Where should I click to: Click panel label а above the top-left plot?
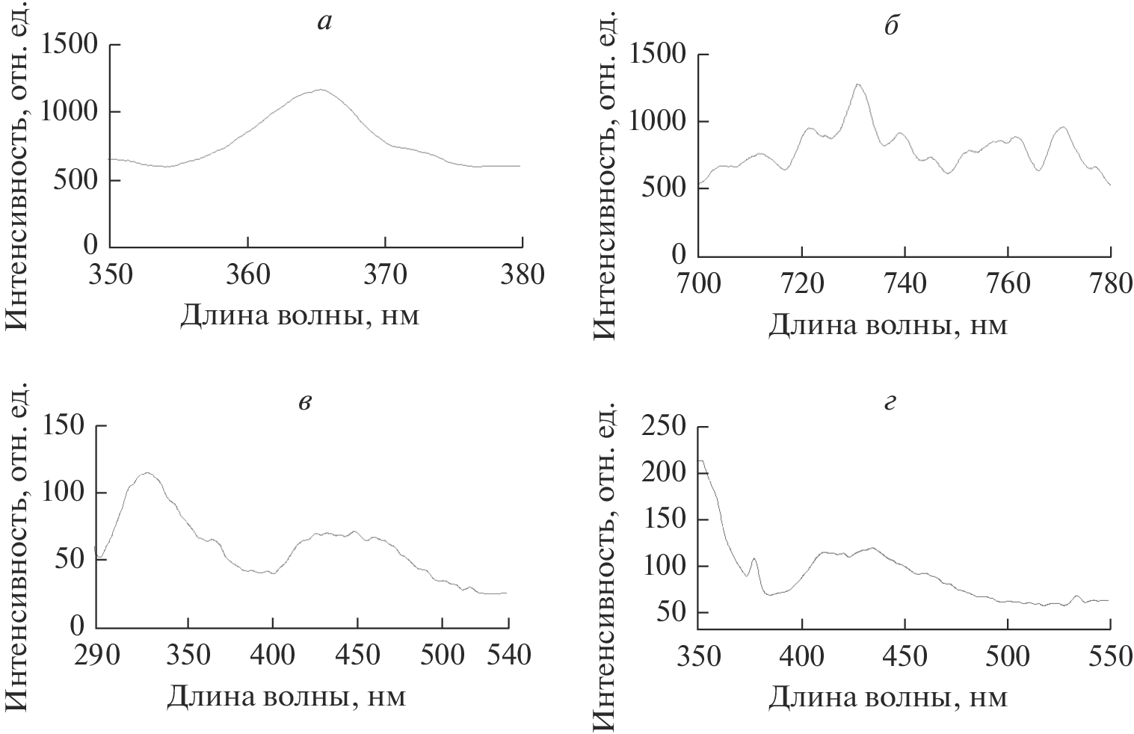324,22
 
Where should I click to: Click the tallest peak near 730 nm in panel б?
857,84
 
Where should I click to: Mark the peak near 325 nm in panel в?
147,472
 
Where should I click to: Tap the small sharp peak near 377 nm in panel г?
754,558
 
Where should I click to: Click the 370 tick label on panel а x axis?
385,275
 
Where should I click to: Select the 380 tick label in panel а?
522,275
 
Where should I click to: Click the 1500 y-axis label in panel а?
70,45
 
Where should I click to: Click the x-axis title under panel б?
888,326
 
